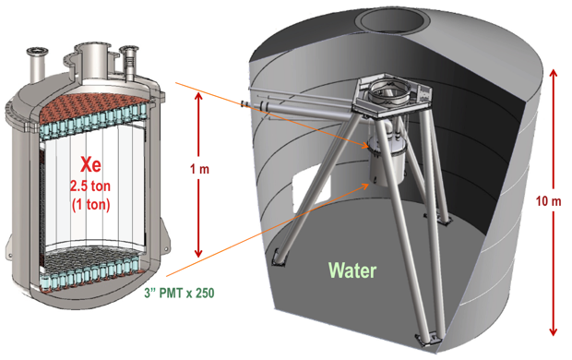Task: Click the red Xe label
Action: [90, 164]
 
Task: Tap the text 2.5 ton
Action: [90, 186]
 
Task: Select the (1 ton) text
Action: [90, 205]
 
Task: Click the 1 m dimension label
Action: [199, 169]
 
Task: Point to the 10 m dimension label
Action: [548, 201]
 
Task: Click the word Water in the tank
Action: [352, 270]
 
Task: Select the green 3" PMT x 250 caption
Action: [179, 293]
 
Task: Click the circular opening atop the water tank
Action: [393, 20]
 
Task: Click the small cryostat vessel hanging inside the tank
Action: [387, 161]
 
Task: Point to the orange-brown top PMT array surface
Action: [95, 105]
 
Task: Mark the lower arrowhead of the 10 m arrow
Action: [554, 330]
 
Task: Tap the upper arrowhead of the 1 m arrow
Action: [198, 97]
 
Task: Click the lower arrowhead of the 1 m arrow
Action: [198, 252]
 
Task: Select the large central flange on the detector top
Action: [92, 49]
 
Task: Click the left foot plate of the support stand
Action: [279, 258]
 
